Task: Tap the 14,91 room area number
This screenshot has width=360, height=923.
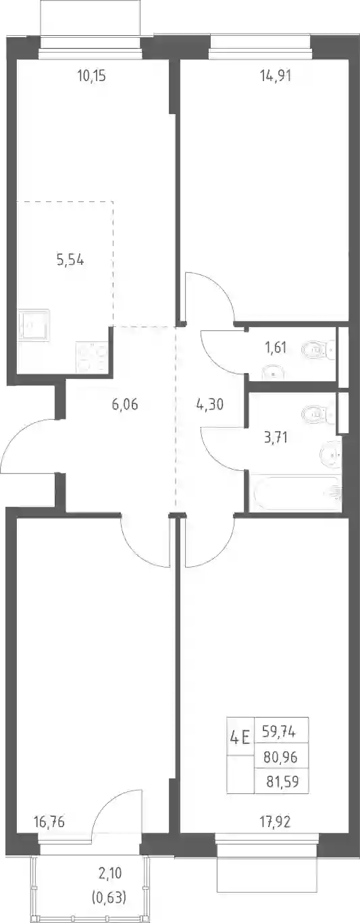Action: coord(276,76)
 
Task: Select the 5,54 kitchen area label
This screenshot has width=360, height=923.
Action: coord(70,260)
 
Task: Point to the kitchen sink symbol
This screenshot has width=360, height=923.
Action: coord(34,325)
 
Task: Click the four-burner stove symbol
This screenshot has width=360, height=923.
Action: coord(92,357)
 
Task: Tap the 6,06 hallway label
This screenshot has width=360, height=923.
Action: coord(125,405)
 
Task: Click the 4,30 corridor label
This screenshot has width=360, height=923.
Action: coord(209,405)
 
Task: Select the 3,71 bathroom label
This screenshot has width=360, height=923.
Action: coord(276,436)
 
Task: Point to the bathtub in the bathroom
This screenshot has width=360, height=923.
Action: coord(295,493)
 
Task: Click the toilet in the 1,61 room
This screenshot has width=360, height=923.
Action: coord(319,351)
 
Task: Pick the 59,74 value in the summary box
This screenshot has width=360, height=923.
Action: coord(279,732)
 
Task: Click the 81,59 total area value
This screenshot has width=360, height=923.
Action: coord(282,781)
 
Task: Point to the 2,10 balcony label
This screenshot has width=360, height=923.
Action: coord(110,872)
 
